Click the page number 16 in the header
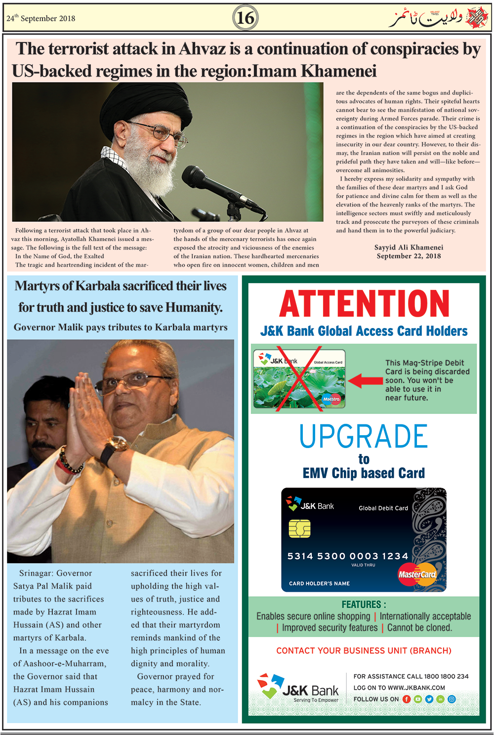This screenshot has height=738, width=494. coord(245,18)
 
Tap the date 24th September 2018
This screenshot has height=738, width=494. coord(41,18)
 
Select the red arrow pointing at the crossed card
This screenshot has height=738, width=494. coord(366,380)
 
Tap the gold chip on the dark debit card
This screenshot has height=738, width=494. coord(299,529)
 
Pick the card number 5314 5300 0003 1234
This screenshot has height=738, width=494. coord(348,556)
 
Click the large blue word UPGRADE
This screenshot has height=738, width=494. coord(364,437)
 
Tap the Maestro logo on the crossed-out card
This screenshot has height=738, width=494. coord(331,399)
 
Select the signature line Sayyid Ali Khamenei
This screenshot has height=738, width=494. coord(409,247)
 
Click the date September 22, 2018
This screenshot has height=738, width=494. coord(409,256)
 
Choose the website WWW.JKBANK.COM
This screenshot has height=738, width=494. coord(416,688)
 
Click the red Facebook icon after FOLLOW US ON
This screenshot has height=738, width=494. coord(407,699)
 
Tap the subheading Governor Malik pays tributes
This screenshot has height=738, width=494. coord(121,327)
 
